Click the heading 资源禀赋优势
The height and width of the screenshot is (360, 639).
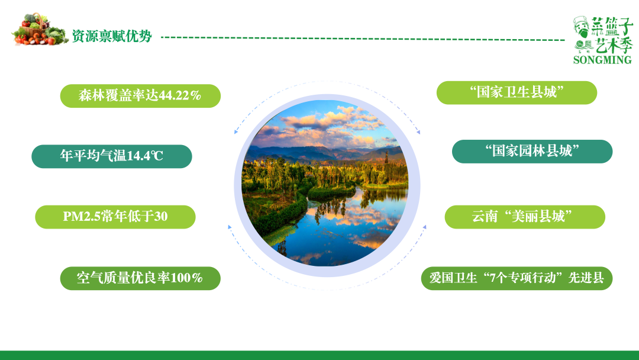(112, 37)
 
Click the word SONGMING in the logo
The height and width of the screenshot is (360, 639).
(602, 60)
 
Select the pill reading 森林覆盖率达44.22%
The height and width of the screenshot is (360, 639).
(140, 95)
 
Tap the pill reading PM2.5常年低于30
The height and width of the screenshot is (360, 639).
(115, 217)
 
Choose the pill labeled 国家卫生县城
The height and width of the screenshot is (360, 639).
(517, 92)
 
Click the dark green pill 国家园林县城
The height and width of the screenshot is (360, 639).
(532, 151)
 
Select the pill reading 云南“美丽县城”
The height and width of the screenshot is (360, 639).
(524, 217)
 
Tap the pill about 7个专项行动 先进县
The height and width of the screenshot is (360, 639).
(517, 278)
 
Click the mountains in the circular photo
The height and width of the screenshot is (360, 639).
(296, 153)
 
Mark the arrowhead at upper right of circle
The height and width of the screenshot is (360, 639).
(418, 131)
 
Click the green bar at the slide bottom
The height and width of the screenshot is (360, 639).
(319, 355)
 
